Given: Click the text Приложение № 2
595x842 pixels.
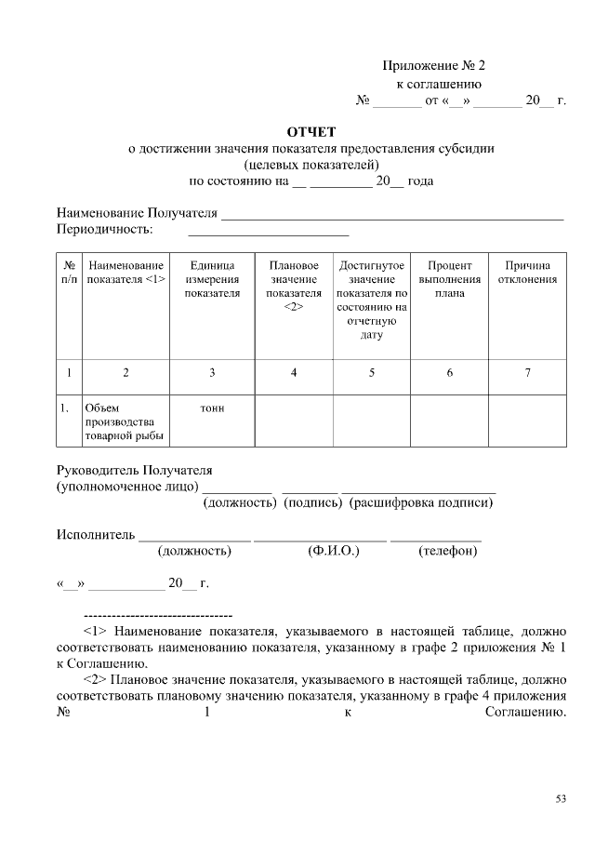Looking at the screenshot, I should click(x=434, y=66).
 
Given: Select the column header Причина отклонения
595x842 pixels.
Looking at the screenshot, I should click(x=527, y=272).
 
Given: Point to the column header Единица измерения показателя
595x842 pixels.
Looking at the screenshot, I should click(x=212, y=279).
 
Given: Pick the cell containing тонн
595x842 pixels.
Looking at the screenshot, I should click(x=212, y=408).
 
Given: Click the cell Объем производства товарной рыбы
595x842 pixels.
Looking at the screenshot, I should click(x=125, y=421).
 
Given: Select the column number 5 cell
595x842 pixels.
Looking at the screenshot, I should click(x=372, y=373).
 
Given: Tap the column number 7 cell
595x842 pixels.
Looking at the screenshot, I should click(x=527, y=373).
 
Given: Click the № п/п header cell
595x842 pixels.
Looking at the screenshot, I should click(x=69, y=272).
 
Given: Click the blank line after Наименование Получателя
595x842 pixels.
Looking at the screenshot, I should click(x=390, y=216).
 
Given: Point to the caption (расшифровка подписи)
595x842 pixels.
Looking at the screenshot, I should click(x=420, y=503).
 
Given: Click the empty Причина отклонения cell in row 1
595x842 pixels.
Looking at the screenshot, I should click(x=527, y=421).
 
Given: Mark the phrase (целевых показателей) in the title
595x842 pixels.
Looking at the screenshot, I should click(x=311, y=165).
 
